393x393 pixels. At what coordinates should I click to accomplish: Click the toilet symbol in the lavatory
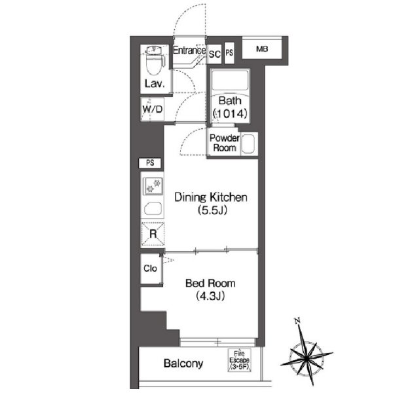coord(155,61)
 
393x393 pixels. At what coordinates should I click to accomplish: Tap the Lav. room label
coord(155,83)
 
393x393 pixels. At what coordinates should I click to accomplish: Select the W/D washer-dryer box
coord(152,109)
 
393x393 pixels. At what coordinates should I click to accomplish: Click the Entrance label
coord(189,50)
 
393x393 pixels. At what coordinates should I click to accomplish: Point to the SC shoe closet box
coord(215,54)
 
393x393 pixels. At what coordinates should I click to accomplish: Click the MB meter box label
coord(262,49)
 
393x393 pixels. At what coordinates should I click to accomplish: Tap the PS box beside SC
coord(229,52)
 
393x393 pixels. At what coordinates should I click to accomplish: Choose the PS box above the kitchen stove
coord(150,163)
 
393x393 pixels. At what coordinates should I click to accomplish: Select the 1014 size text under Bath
coord(231,114)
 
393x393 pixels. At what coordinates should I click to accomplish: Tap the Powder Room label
coord(224,143)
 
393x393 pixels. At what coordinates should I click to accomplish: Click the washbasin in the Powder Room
coord(249,144)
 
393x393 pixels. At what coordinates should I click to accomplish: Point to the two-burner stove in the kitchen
coord(153,186)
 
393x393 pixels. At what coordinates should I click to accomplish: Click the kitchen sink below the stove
coord(153,208)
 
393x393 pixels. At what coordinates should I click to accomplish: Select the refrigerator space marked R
coord(153,234)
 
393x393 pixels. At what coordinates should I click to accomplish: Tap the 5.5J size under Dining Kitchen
coord(212,210)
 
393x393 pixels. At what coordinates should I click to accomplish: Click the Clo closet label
coord(150,269)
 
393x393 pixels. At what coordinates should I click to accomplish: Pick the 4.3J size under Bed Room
coord(210,296)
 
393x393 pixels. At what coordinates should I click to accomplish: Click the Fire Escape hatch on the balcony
coord(239,360)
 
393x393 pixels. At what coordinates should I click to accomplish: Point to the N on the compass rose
coord(298,320)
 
